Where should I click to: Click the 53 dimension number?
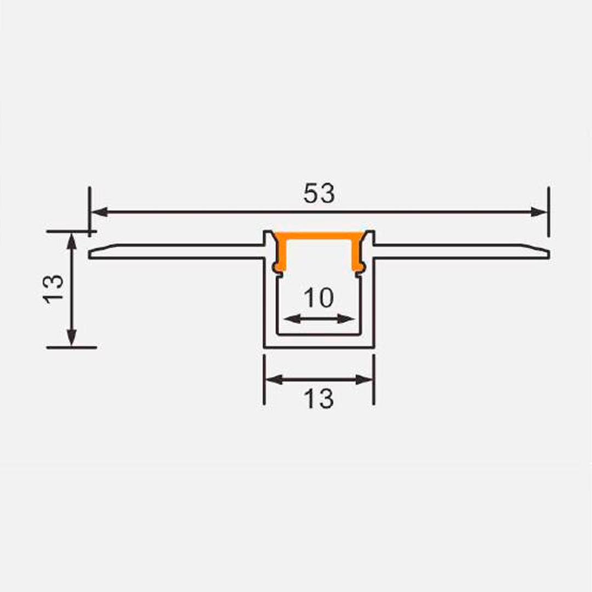[x=319, y=193]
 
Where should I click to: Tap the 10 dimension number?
[x=319, y=298]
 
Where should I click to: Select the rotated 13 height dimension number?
[x=54, y=289]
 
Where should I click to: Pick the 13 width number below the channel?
[x=319, y=399]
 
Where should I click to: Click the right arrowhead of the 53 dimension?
[x=538, y=212]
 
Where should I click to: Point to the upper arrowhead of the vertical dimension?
[x=71, y=242]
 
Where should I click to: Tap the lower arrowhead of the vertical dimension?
[x=71, y=338]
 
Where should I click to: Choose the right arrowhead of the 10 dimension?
[x=346, y=318]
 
